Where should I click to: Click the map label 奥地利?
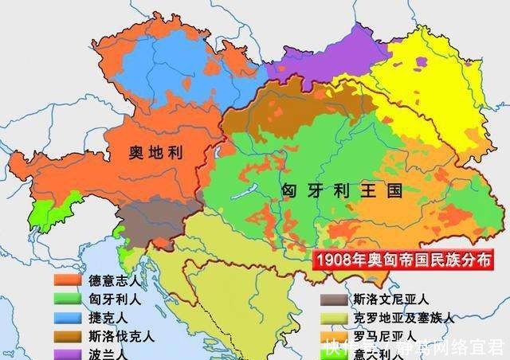coord(155,153)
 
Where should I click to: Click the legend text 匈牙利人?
coord(120,299)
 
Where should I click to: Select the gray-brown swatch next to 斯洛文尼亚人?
coord(333,300)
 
